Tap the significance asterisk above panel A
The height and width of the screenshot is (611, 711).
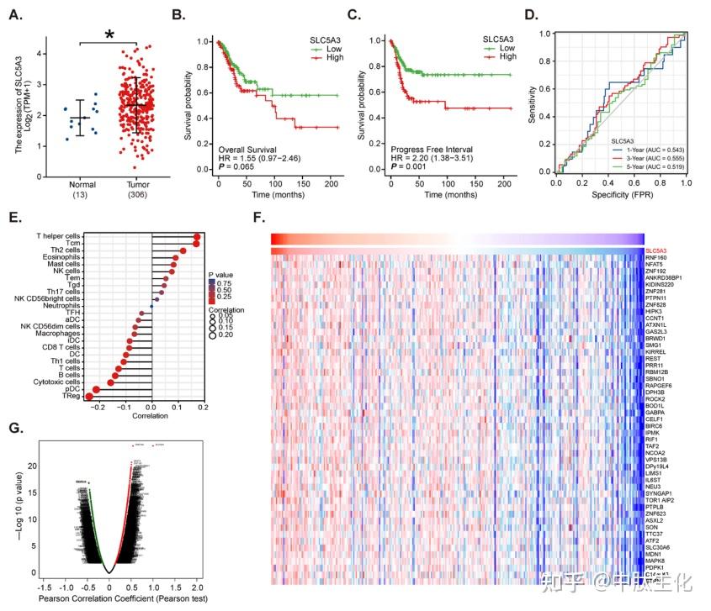point(109,35)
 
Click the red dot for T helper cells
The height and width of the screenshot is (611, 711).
point(196,238)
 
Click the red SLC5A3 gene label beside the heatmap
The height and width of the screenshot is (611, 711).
point(656,251)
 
